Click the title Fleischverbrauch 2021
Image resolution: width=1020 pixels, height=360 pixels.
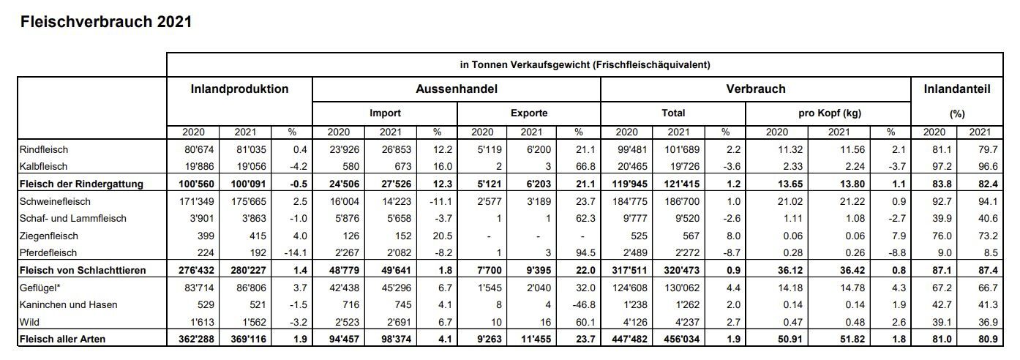click(x=106, y=22)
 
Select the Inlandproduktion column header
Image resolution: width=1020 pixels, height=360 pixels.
click(x=239, y=89)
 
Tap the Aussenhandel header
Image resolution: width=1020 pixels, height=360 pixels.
click(x=457, y=89)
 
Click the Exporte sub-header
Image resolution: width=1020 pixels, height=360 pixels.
click(x=529, y=113)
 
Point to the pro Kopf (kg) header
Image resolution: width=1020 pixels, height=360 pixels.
click(x=830, y=113)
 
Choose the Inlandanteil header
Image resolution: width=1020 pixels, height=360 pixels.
click(x=957, y=89)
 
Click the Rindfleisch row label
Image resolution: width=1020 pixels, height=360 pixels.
click(x=44, y=150)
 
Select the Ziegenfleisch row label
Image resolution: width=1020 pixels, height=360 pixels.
click(x=49, y=236)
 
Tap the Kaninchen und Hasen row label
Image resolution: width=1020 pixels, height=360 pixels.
click(x=68, y=304)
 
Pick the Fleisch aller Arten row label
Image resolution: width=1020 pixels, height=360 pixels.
click(x=62, y=339)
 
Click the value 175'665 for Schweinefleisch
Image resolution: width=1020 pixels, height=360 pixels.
click(x=248, y=201)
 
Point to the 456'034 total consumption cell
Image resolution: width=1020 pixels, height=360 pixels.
click(x=681, y=339)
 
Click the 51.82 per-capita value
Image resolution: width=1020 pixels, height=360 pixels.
click(x=852, y=339)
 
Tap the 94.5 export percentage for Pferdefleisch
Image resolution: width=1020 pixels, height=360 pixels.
click(x=585, y=252)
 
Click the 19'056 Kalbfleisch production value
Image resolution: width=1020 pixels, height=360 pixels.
click(x=251, y=167)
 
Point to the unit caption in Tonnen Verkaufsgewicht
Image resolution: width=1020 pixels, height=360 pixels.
click(x=585, y=64)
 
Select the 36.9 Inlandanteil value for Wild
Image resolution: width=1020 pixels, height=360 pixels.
click(x=988, y=322)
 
